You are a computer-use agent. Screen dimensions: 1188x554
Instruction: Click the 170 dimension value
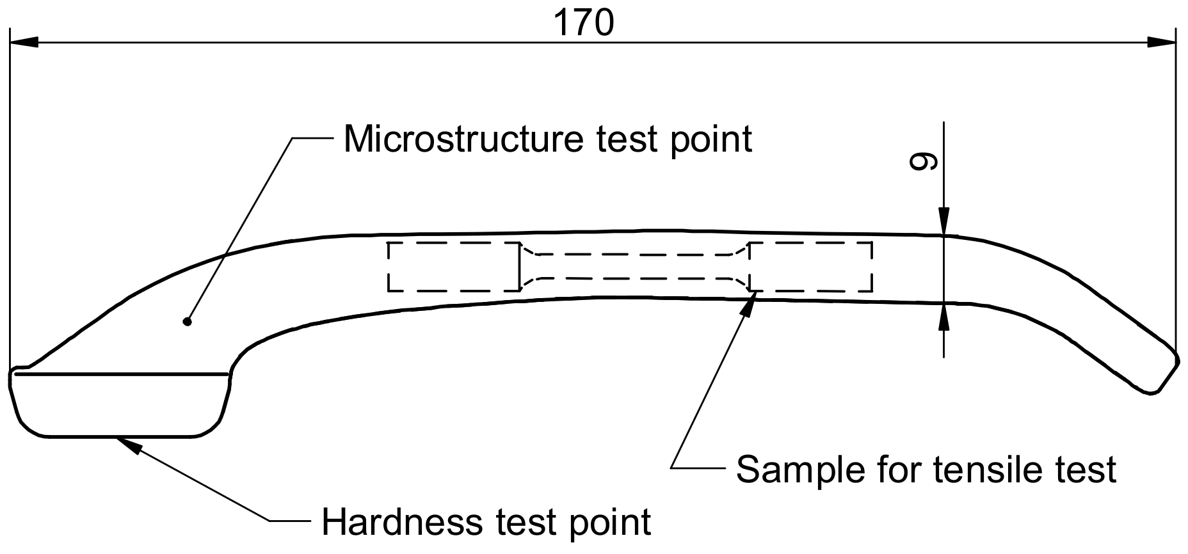pos(583,23)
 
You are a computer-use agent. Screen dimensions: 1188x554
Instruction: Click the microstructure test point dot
pos(188,321)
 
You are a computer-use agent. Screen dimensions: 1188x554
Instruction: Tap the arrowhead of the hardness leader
pos(128,443)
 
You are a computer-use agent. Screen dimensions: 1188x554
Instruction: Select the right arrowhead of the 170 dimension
pos(1161,43)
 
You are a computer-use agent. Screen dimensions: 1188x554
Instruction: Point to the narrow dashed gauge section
pos(634,266)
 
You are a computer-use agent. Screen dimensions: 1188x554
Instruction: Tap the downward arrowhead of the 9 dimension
pos(943,221)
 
